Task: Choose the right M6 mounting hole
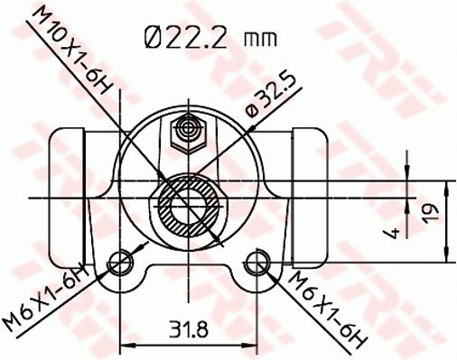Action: point(258,263)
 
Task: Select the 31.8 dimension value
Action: point(189,329)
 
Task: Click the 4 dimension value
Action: point(391,233)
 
